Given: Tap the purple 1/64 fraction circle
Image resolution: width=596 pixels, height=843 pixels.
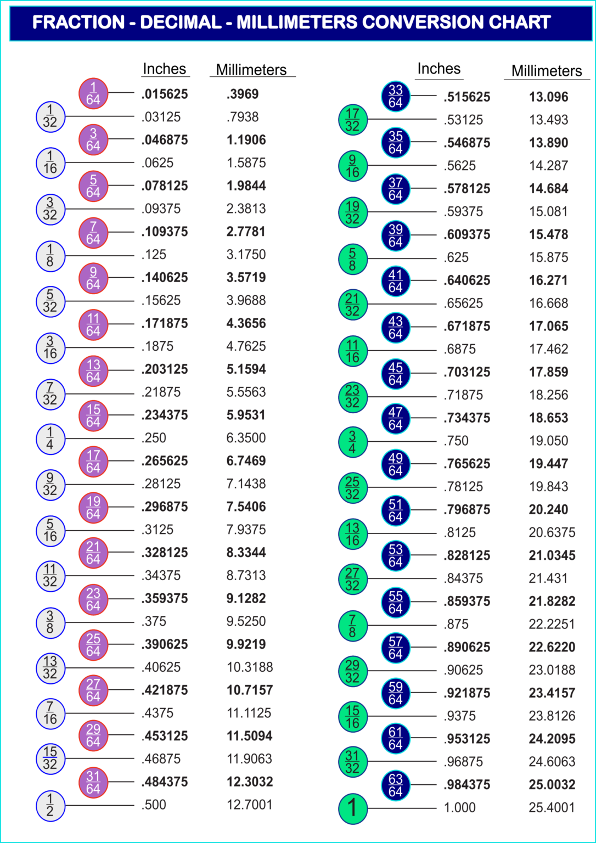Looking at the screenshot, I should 93,93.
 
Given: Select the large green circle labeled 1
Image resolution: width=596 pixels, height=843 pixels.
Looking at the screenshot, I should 352,808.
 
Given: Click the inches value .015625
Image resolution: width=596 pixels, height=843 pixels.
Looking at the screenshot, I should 165,94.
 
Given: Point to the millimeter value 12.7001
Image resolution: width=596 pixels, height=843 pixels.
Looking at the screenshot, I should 249,805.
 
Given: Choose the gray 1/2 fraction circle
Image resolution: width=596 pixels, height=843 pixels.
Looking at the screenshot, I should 50,806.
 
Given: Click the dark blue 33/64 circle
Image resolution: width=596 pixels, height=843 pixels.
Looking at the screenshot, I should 396,97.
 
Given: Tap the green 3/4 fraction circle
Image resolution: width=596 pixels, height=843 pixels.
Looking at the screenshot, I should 352,442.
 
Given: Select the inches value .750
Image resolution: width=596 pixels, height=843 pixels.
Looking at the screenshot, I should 456,441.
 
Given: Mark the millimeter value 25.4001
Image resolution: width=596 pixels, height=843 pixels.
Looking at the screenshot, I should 552,808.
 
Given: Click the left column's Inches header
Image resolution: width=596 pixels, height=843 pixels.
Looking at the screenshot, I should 165,69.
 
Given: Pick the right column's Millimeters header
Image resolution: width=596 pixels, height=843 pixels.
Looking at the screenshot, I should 547,71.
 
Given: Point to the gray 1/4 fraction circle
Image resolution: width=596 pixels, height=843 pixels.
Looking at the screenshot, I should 50,439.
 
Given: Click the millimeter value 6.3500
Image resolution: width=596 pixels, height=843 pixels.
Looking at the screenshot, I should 246,439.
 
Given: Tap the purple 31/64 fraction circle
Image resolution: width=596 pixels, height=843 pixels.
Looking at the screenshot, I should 93,783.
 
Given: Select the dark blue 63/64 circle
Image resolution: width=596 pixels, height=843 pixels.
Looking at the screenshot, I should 396,785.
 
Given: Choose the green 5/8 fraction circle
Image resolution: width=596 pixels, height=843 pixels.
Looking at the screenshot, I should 352,258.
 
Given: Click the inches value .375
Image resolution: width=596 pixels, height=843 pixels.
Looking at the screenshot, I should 154,622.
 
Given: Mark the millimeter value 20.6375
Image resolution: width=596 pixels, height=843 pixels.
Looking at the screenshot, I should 552,533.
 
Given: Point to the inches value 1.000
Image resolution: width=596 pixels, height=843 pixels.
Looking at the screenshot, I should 459,808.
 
